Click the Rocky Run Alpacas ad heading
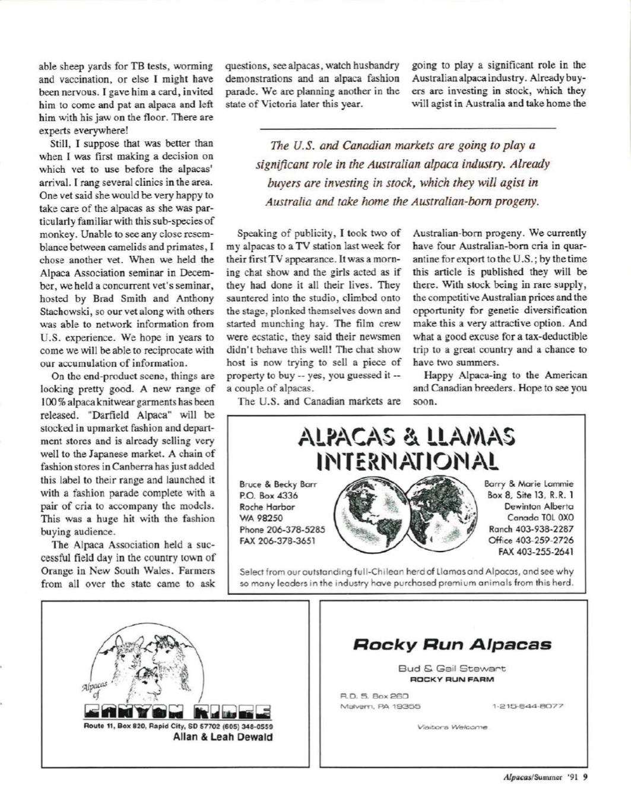[x=452, y=644]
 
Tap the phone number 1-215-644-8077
[x=528, y=707]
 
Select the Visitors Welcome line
[x=453, y=726]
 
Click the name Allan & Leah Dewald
[x=223, y=737]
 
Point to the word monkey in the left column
[x=55, y=221]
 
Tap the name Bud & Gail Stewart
[x=452, y=669]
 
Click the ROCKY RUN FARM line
[x=452, y=679]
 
